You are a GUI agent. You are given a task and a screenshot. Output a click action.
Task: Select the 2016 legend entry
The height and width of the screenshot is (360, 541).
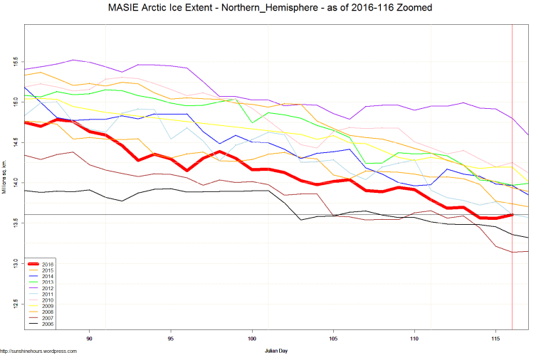point(48,265)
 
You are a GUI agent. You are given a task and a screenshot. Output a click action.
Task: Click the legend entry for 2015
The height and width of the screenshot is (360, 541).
point(48,270)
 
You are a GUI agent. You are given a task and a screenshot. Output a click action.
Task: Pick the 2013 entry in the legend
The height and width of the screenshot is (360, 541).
point(48,282)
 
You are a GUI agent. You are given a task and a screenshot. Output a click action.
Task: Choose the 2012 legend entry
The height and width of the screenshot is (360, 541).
point(48,288)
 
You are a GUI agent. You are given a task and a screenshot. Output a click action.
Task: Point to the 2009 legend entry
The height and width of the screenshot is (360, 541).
point(48,306)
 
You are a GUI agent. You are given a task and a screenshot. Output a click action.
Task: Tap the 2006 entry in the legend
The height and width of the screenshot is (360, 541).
point(48,324)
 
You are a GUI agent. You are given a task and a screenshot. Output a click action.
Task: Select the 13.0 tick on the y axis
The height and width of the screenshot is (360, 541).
point(15,263)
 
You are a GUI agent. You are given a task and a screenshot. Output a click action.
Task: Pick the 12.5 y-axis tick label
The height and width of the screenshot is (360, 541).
point(15,304)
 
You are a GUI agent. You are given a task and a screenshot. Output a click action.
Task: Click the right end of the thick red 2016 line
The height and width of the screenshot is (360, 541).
point(512,214)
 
